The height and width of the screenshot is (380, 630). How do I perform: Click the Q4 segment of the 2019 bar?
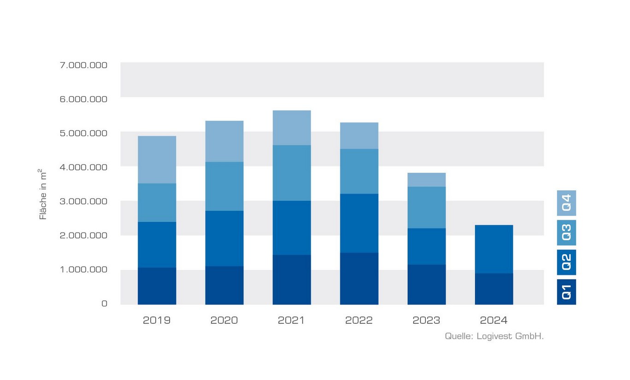pos(157,159)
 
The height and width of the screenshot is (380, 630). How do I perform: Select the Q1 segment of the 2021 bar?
pos(291,280)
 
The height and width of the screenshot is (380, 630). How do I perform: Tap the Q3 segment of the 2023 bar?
pos(426,207)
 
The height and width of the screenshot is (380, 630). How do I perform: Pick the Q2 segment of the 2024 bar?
pos(494,249)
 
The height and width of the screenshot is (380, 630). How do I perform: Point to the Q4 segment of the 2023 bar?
pos(426,180)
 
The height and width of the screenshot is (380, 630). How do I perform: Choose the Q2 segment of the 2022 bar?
pos(359,223)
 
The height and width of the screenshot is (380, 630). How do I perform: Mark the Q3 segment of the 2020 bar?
pos(224,186)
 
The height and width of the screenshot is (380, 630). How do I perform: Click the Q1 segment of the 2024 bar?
pos(494,289)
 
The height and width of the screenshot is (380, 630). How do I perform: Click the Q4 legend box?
pos(566,203)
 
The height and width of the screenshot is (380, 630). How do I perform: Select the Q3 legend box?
pos(566,233)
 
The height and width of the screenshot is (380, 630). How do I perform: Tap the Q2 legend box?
pos(566,262)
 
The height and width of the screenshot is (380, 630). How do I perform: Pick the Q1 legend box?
pos(566,292)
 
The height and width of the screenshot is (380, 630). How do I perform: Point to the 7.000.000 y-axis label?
pos(83,65)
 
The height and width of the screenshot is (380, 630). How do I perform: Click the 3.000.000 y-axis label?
pos(83,201)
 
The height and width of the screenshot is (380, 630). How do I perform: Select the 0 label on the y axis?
pos(104,304)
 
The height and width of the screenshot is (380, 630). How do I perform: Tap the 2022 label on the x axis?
pos(359,320)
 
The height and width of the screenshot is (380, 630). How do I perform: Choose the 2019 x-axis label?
pos(157,320)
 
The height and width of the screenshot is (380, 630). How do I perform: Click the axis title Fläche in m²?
pos(43,194)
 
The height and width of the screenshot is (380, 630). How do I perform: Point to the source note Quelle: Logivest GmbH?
pos(494,336)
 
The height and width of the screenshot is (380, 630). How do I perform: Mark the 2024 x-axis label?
pos(494,320)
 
